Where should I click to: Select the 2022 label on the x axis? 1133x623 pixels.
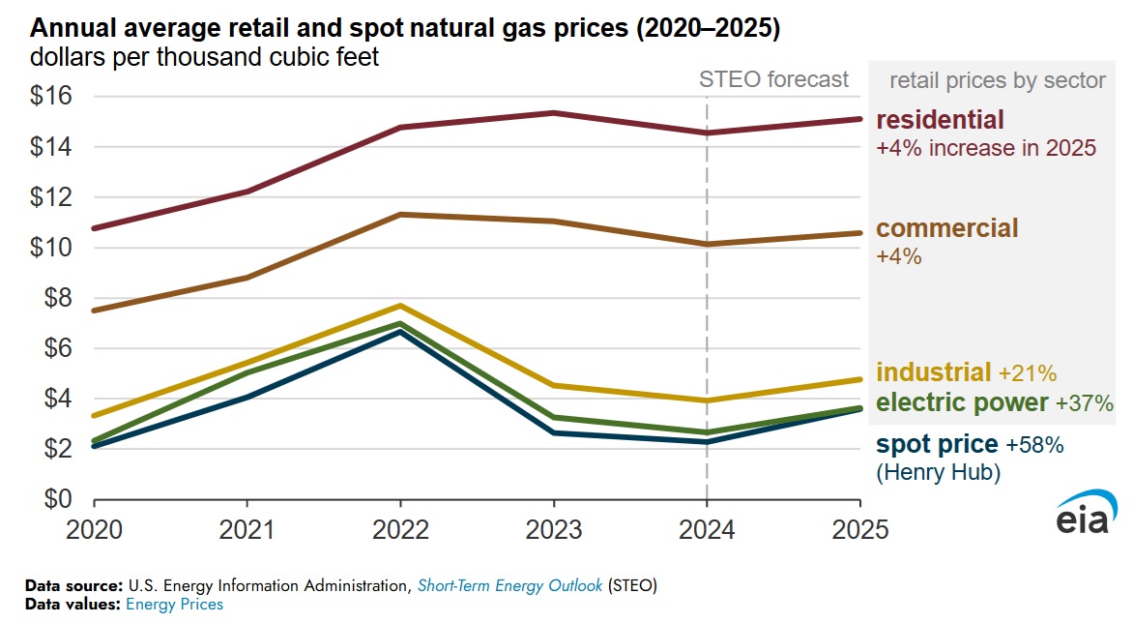[400, 529]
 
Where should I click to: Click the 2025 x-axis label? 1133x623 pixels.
[860, 529]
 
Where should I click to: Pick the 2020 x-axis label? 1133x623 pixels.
[94, 529]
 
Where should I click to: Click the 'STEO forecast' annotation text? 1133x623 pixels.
[773, 79]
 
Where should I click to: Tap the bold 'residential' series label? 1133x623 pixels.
[940, 120]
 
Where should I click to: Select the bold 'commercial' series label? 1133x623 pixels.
[946, 228]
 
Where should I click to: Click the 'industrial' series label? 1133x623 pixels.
[933, 372]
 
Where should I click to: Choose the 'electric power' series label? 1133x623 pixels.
[962, 402]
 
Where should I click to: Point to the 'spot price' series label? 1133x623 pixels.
[936, 445]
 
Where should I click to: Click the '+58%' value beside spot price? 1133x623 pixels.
[1035, 446]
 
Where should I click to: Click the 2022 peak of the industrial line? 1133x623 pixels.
[400, 306]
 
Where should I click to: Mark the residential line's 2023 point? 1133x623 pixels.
[554, 113]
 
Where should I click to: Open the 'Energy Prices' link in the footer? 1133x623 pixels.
[174, 605]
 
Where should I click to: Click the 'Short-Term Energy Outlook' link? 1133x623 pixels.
[510, 586]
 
